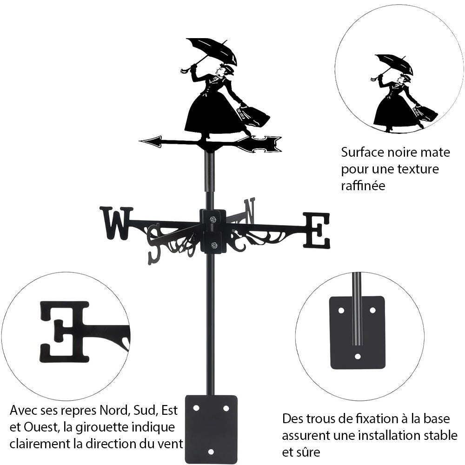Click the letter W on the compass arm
[116, 223]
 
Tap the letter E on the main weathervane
[317, 230]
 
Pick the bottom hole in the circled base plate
[357, 356]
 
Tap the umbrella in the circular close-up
[394, 63]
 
